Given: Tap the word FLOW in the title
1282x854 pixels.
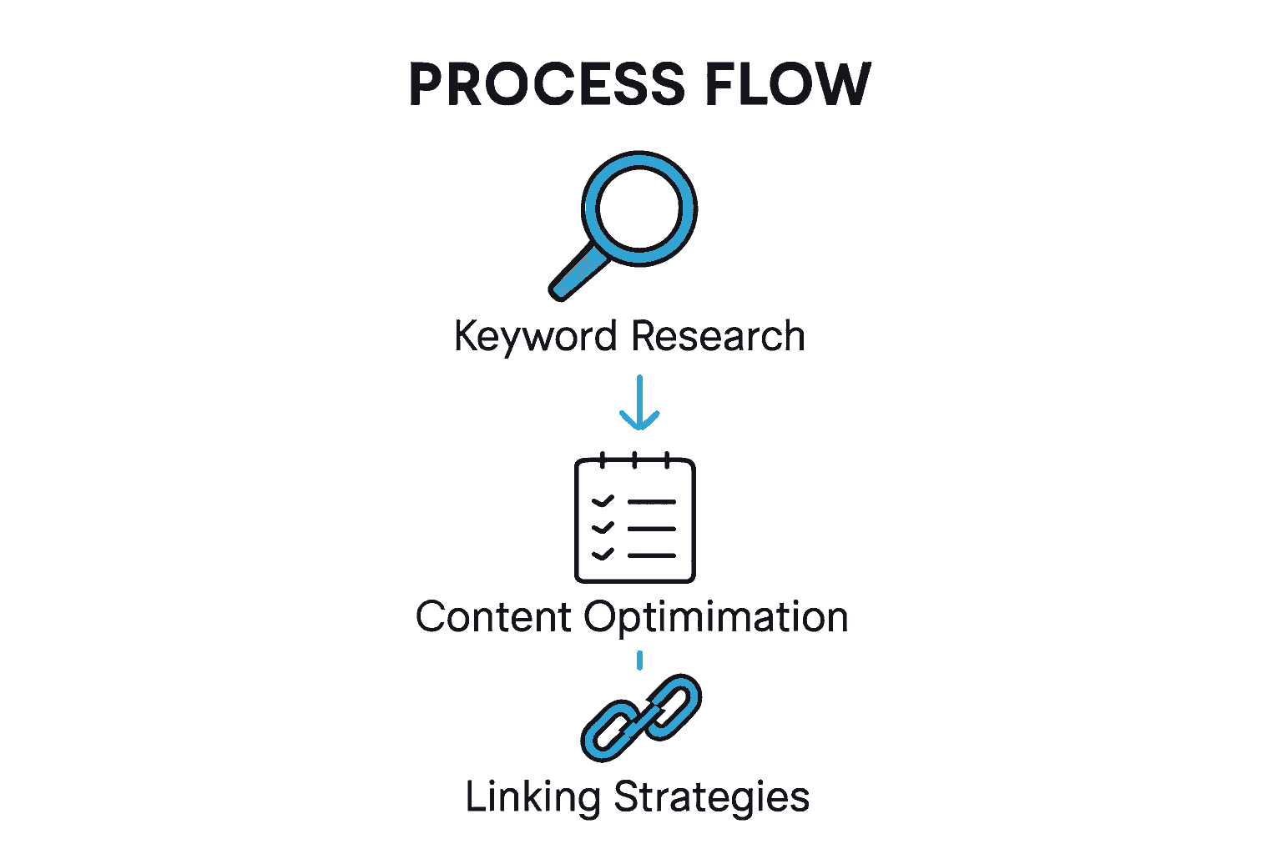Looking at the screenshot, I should pyautogui.click(x=787, y=84).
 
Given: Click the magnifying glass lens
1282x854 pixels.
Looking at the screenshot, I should pyautogui.click(x=638, y=208).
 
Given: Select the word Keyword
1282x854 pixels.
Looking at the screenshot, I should pyautogui.click(x=535, y=337).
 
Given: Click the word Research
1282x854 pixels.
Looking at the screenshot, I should pyautogui.click(x=718, y=336).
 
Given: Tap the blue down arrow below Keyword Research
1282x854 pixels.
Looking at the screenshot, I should pyautogui.click(x=639, y=404).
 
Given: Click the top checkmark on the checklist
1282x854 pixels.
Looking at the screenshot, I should pyautogui.click(x=603, y=501).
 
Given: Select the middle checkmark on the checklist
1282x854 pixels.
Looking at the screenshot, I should pyautogui.click(x=603, y=528).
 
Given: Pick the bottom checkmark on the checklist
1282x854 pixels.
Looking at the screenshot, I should pyautogui.click(x=603, y=554).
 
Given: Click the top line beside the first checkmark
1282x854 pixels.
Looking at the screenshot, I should pyautogui.click(x=652, y=502).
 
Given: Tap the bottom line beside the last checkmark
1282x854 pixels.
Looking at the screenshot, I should pyautogui.click(x=652, y=555).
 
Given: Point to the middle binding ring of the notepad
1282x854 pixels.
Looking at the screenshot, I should pyautogui.click(x=634, y=460).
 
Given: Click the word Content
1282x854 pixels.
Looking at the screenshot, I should pyautogui.click(x=493, y=618).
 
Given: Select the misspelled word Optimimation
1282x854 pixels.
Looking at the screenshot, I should pyautogui.click(x=715, y=618).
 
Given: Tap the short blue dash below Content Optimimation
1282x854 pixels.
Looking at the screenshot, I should pyautogui.click(x=639, y=661).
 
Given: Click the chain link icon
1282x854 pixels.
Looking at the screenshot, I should pyautogui.click(x=641, y=716).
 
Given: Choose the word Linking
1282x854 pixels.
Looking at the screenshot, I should pyautogui.click(x=532, y=797).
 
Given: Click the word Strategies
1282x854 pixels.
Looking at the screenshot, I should pyautogui.click(x=712, y=797).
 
